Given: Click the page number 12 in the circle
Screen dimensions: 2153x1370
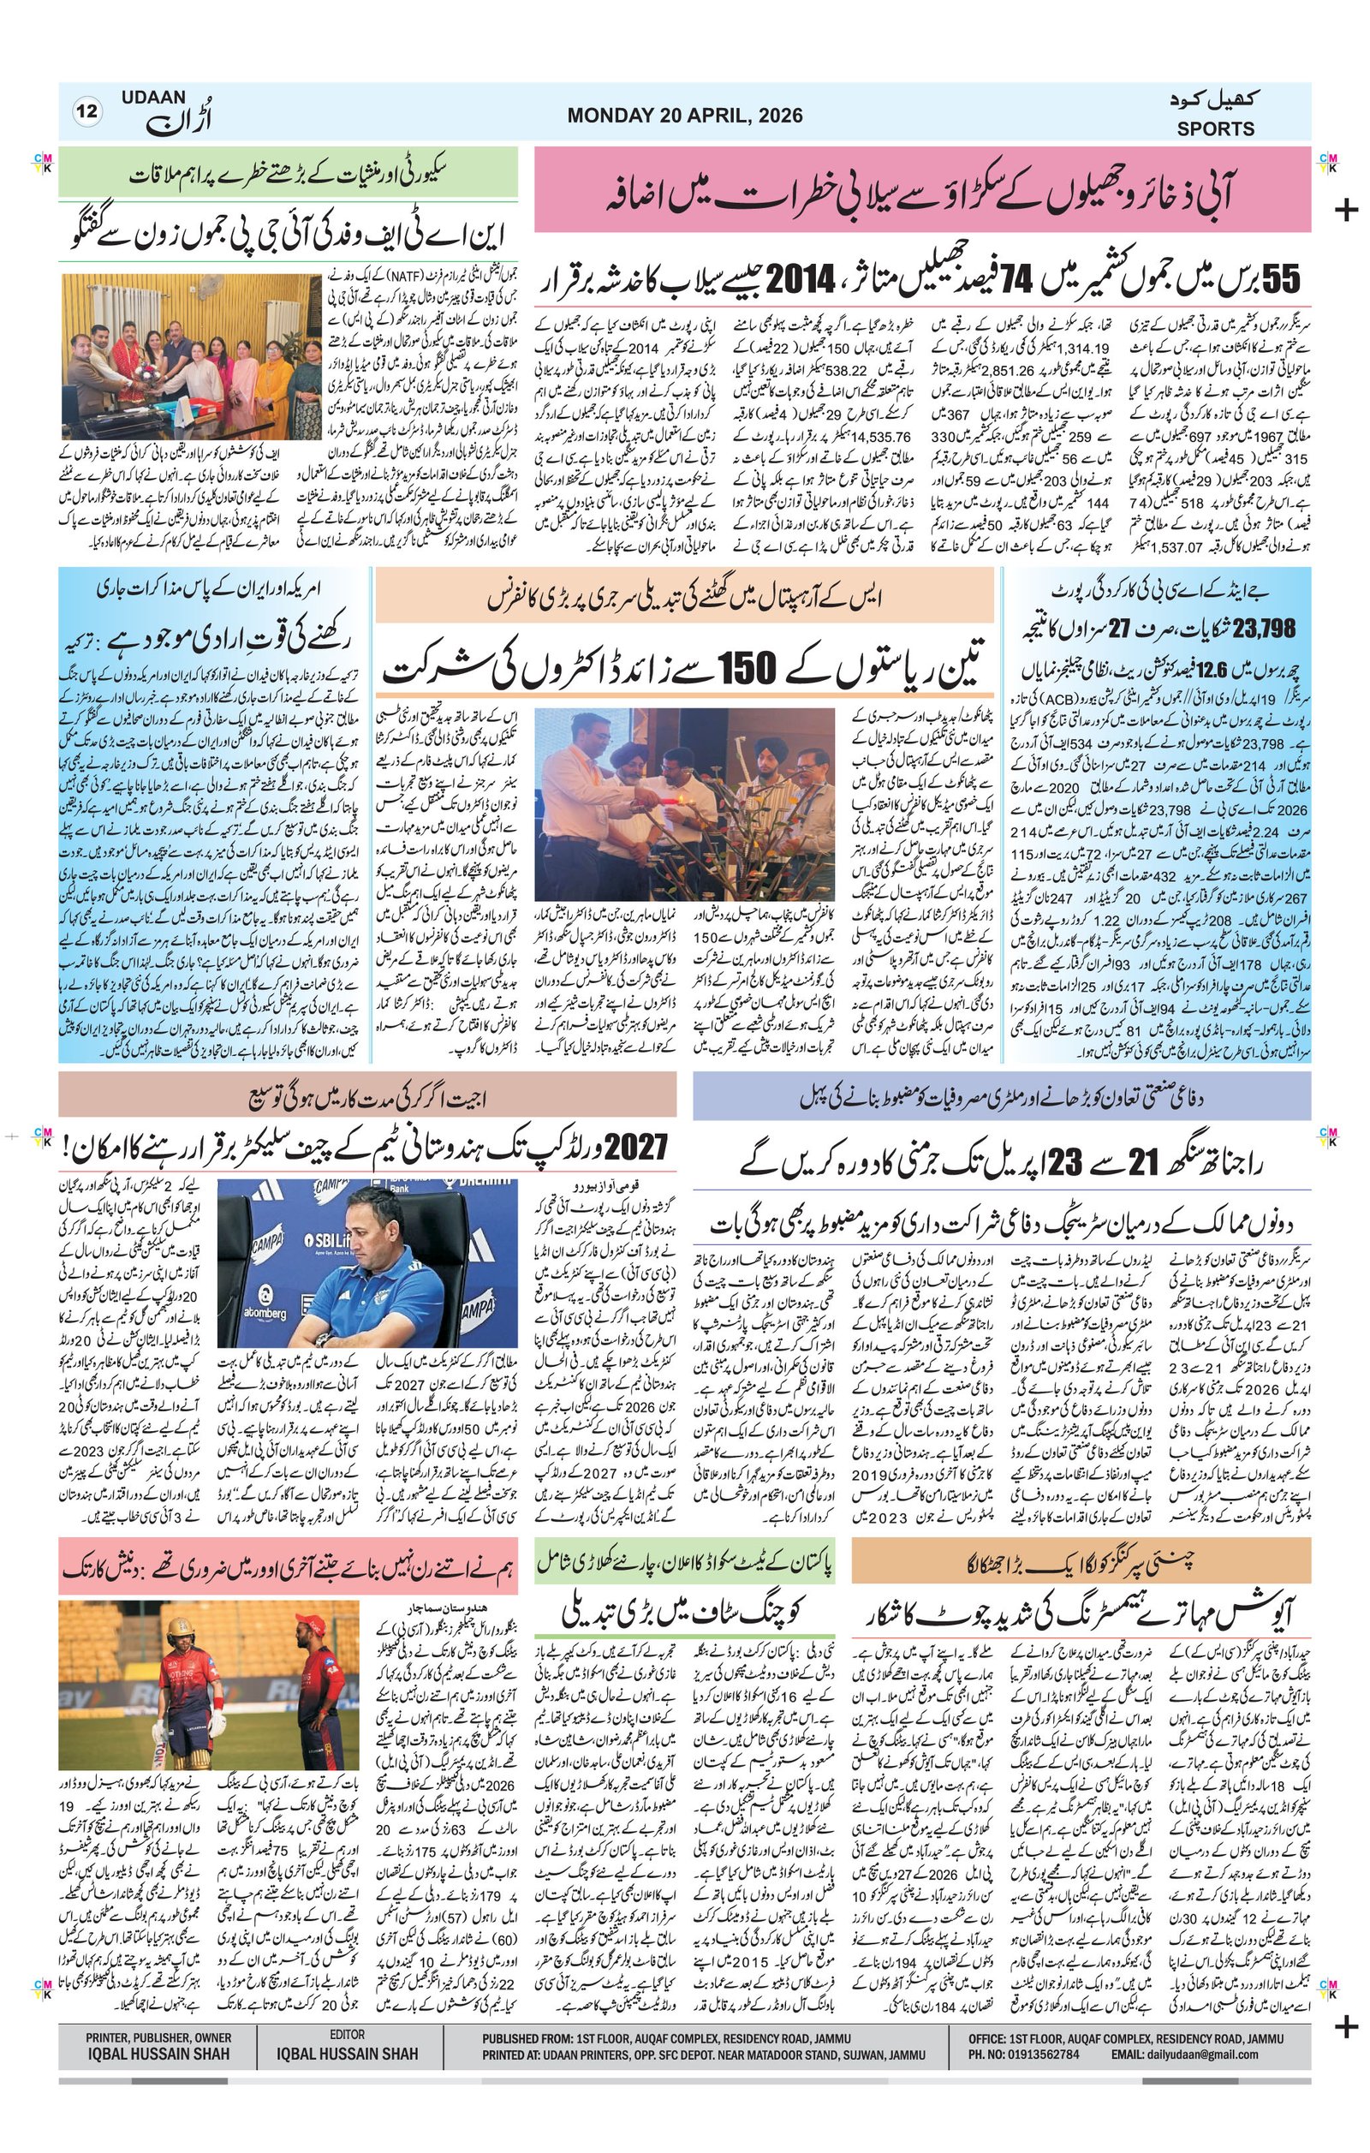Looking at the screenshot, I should pyautogui.click(x=87, y=113).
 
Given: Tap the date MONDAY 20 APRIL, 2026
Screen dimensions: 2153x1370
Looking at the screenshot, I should pyautogui.click(x=683, y=116).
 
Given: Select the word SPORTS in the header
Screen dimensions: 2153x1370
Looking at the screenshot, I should pyautogui.click(x=1214, y=128).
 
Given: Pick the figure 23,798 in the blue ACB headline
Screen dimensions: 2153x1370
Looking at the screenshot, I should pyautogui.click(x=1264, y=629).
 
